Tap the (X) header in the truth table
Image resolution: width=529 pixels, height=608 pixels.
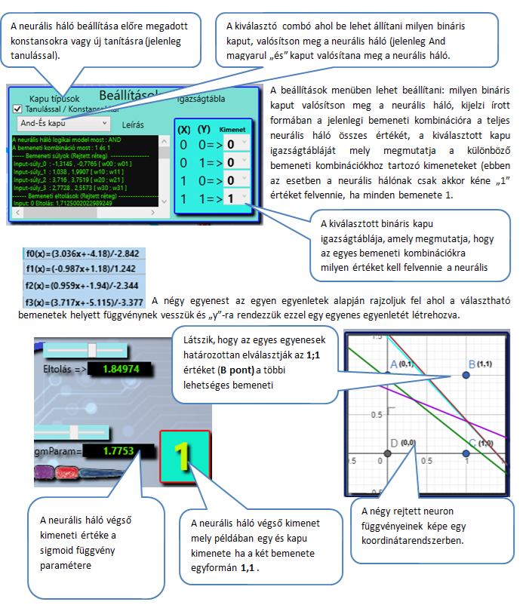coord(183,130)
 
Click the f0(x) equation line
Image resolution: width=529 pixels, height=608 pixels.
coord(83,255)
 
